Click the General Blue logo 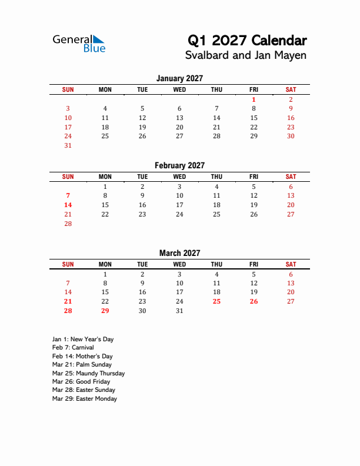pos(79,43)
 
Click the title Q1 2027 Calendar pos(247,41)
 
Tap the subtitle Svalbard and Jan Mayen pos(246,56)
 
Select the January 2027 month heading pos(179,78)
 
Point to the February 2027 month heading pos(179,165)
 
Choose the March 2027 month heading pos(179,253)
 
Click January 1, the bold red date pos(254,99)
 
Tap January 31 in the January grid pos(68,145)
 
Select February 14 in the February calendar pos(68,205)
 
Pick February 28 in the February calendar pos(68,224)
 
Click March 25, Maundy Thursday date pos(216,301)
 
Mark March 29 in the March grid pos(105,311)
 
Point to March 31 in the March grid pos(179,311)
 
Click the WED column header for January pos(179,89)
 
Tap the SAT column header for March pos(291,264)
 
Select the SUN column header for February pos(68,177)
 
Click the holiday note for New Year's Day pos(83,339)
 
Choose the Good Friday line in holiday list pos(81,382)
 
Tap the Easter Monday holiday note pos(85,399)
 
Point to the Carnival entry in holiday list pos(73,348)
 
